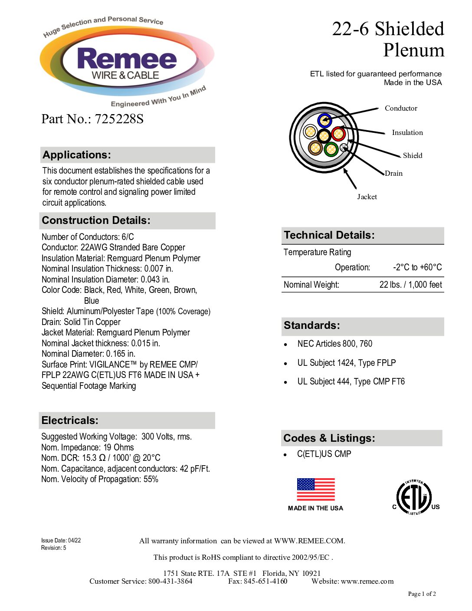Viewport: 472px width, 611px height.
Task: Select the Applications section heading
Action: tap(77, 155)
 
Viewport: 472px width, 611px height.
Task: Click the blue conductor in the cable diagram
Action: tap(324, 120)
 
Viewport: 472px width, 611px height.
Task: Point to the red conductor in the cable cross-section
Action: tap(338, 134)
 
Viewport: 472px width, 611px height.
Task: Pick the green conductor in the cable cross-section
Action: tap(331, 149)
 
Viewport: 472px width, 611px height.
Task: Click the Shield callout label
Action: tap(412, 155)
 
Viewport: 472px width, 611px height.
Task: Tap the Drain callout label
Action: tap(393, 173)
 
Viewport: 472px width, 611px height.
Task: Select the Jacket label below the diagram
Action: tap(367, 197)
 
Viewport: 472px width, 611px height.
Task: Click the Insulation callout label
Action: tap(407, 132)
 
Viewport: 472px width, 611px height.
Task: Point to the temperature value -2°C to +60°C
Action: tap(417, 267)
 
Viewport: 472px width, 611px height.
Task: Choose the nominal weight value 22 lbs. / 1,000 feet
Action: tap(410, 285)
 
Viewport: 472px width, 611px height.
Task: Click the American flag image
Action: tap(316, 489)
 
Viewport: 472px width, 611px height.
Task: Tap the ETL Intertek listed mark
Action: tap(414, 497)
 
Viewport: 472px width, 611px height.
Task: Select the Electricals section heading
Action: tap(70, 420)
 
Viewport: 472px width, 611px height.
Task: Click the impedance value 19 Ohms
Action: tap(118, 447)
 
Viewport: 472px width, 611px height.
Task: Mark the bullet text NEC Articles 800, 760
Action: tap(334, 344)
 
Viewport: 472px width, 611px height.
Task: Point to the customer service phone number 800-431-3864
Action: tap(170, 581)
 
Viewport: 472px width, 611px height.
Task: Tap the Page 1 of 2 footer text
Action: tap(422, 594)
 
